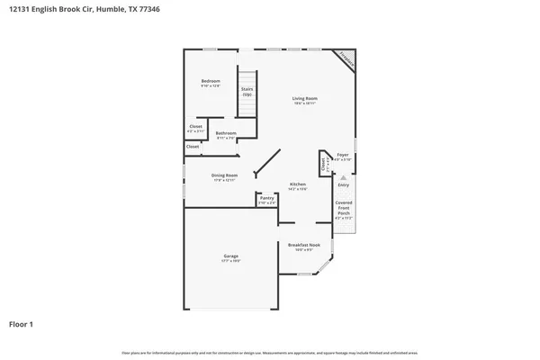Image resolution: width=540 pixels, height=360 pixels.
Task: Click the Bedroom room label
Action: [x=210, y=81]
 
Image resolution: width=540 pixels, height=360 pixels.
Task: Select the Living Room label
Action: [x=304, y=98]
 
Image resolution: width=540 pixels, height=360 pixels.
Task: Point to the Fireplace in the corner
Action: [x=346, y=59]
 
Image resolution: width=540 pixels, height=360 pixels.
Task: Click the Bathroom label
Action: [x=225, y=133]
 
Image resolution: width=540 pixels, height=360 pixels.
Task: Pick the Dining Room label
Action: [x=224, y=175]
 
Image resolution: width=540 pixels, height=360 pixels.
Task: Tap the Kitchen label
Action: [x=298, y=184]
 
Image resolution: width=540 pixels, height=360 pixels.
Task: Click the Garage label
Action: [x=230, y=256]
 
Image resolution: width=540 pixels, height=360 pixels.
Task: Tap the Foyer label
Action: [x=342, y=155]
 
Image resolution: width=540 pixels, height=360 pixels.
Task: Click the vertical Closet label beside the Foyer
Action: [x=322, y=164]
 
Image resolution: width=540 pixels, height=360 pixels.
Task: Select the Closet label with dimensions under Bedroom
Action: [x=195, y=126]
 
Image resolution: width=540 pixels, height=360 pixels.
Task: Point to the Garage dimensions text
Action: [x=230, y=261]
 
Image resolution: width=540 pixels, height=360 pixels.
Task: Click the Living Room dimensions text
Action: [x=304, y=103]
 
